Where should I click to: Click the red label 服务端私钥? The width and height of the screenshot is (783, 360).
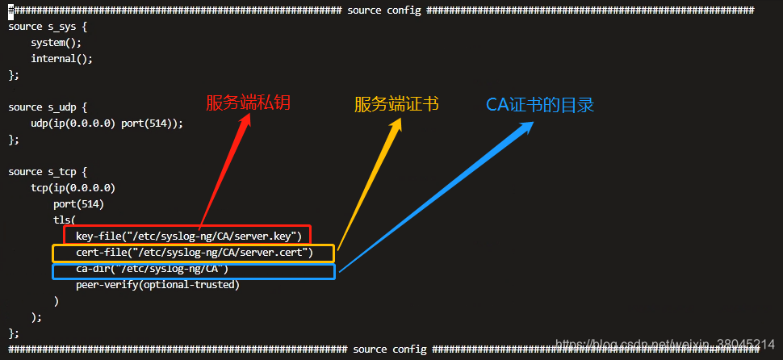(248, 103)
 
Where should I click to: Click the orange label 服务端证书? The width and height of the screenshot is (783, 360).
(396, 105)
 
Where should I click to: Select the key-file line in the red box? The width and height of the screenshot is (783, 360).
(188, 236)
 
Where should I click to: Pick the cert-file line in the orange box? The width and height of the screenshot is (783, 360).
(194, 253)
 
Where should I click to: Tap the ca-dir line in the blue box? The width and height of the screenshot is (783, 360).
(153, 269)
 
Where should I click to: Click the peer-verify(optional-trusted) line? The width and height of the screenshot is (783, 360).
(158, 285)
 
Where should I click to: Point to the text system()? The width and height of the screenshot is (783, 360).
(57, 42)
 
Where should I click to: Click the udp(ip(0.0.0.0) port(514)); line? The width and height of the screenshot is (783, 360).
(107, 123)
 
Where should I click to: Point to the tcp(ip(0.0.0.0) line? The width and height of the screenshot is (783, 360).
(73, 187)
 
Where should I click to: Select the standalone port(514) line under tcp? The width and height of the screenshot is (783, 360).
(79, 203)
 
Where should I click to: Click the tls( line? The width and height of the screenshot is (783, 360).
(65, 220)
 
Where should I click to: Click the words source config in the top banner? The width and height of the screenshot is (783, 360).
(382, 10)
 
